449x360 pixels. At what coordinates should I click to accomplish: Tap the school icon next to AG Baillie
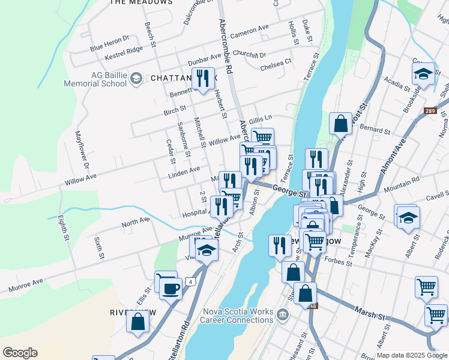click(136, 78)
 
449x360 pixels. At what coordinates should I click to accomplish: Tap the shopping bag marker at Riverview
click(137, 321)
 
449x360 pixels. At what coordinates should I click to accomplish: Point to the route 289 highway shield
click(429, 110)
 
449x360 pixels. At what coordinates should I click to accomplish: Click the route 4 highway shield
click(190, 281)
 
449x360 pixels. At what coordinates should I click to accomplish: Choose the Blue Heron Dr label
click(109, 43)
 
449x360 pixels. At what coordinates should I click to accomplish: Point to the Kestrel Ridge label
click(123, 52)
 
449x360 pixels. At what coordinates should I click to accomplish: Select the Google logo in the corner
click(20, 353)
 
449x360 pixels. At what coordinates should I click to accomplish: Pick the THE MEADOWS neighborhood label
click(141, 2)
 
